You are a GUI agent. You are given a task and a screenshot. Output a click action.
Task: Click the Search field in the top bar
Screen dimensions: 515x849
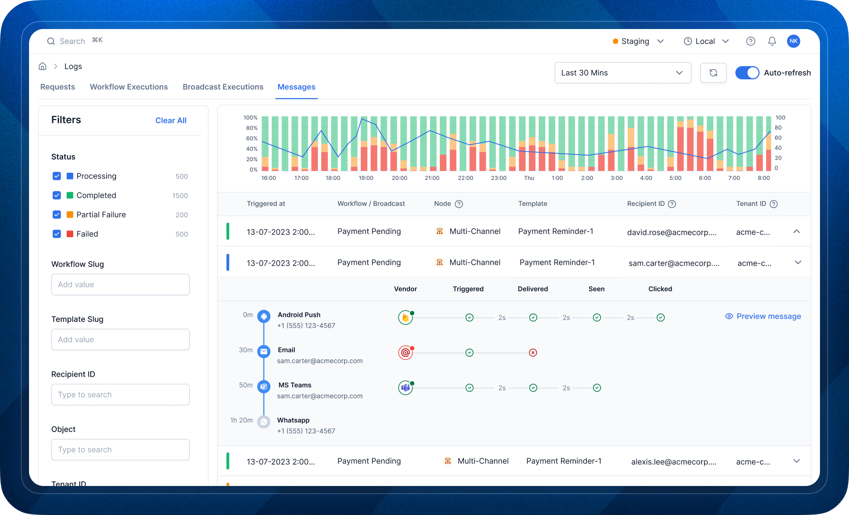[73, 41]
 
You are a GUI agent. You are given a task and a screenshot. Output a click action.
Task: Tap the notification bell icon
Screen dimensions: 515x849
[772, 41]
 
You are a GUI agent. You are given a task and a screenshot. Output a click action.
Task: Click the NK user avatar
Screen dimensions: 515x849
[793, 41]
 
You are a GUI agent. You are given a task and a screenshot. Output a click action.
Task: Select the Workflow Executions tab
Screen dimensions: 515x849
[129, 87]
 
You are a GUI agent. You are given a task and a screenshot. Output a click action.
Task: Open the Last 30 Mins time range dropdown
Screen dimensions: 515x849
[622, 73]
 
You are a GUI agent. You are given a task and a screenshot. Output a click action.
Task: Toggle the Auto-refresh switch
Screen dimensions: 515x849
[747, 73]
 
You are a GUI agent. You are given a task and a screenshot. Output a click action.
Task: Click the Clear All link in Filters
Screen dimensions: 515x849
[171, 121]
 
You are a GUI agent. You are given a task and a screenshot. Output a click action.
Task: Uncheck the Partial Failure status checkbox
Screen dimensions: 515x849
[57, 215]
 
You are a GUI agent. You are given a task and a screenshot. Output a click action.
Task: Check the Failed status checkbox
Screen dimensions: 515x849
[57, 234]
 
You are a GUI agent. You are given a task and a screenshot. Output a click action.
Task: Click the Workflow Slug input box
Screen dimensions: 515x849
[120, 285]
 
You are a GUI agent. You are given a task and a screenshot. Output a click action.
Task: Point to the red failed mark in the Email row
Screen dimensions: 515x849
[533, 353]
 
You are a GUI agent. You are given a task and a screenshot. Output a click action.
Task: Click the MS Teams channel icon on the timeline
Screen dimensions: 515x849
[263, 387]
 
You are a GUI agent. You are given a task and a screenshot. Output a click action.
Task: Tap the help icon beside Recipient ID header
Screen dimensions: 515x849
[672, 204]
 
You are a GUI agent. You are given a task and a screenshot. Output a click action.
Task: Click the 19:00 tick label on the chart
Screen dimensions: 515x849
[366, 178]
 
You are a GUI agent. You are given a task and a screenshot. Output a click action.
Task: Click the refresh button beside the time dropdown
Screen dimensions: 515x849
[713, 73]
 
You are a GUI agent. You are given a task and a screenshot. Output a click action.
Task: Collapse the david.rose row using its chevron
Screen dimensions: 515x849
[796, 232]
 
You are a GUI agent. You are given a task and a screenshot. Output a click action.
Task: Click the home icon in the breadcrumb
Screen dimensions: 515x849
[43, 67]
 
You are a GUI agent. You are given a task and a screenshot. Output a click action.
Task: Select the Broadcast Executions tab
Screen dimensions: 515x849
[223, 87]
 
